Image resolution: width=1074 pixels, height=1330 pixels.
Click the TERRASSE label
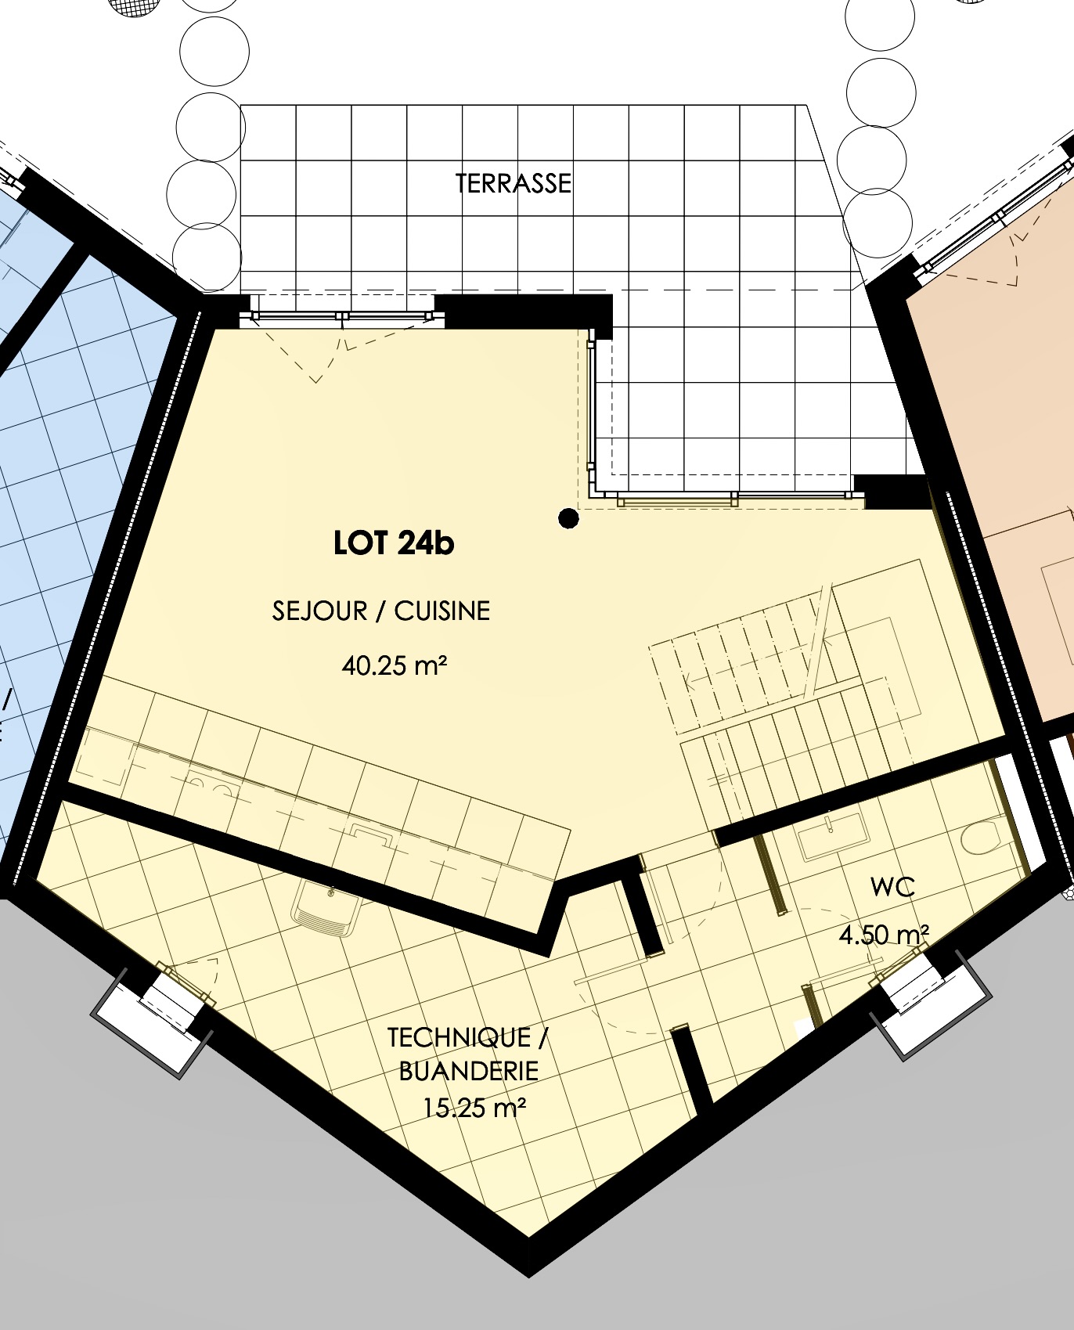[514, 183]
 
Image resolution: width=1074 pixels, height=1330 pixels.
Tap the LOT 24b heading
[394, 543]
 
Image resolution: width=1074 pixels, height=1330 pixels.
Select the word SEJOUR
[319, 611]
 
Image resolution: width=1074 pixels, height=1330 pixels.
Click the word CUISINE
[441, 611]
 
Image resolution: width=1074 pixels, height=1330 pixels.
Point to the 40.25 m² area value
[394, 666]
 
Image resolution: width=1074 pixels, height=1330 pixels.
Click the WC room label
[892, 888]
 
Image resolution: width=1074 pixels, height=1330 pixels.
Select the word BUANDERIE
[469, 1071]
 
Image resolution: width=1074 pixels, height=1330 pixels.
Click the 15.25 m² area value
[474, 1108]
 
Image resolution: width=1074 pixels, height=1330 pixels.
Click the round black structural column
[568, 517]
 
